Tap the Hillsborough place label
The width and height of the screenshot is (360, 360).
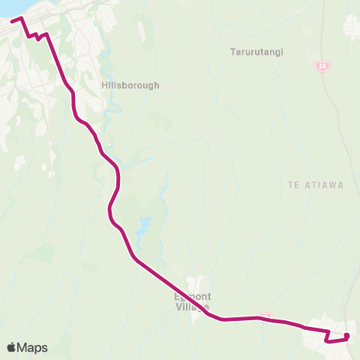click(130, 85)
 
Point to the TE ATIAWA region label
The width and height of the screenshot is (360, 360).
click(315, 184)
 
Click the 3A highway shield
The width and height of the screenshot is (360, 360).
click(322, 66)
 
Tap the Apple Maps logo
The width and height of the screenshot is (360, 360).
click(27, 347)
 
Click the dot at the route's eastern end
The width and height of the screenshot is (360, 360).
click(346, 335)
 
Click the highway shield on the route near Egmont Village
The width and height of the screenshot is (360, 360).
click(264, 316)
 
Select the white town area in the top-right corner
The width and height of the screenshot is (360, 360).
click(352, 27)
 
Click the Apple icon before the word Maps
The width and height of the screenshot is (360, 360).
click(11, 346)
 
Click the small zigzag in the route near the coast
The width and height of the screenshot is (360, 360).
click(36, 36)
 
